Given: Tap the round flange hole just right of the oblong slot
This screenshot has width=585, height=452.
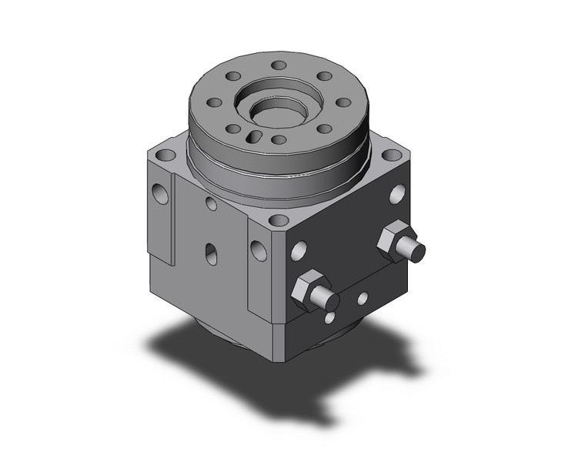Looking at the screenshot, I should (x=279, y=140).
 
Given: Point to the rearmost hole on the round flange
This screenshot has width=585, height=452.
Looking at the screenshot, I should (x=279, y=66).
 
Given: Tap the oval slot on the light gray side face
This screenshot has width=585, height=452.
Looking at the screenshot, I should (x=211, y=252).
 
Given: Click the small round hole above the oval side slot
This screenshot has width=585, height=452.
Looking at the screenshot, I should (x=211, y=204).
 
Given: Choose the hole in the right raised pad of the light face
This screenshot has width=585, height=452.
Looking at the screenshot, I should (x=259, y=249).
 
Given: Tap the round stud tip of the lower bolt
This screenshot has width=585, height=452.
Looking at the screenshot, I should (x=330, y=301).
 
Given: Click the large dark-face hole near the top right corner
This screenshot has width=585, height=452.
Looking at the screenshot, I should (x=398, y=194).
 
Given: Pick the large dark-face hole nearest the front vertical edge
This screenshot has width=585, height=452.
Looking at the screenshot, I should (x=299, y=249).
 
